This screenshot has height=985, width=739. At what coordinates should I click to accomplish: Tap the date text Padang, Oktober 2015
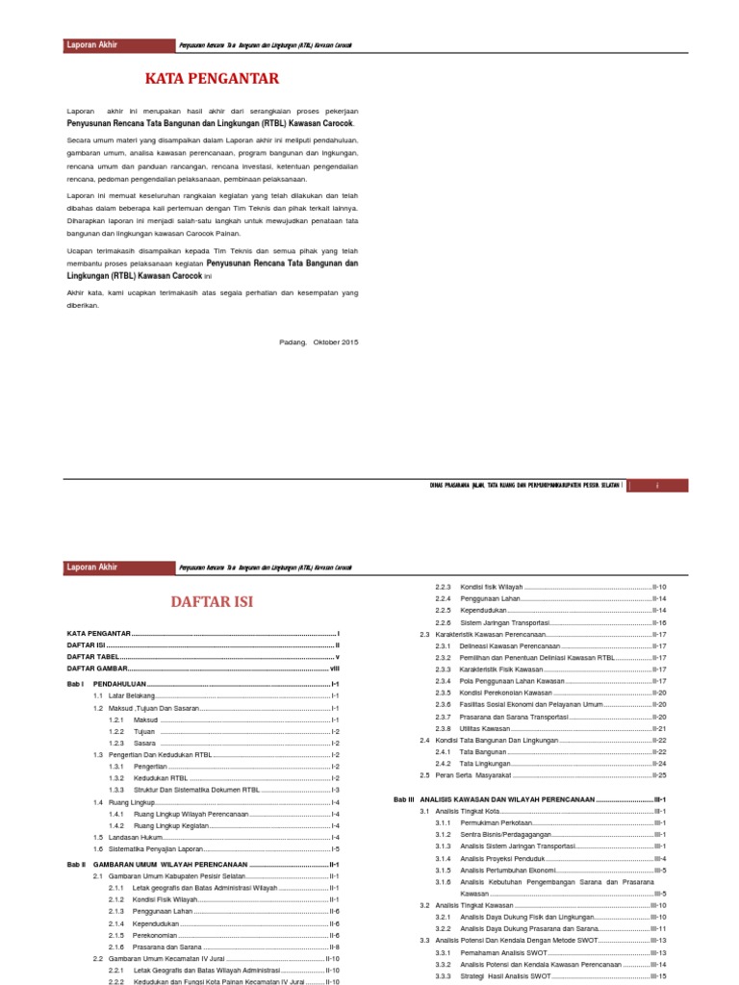coord(318,341)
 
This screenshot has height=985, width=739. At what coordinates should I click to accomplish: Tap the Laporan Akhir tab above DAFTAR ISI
coord(93,568)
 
